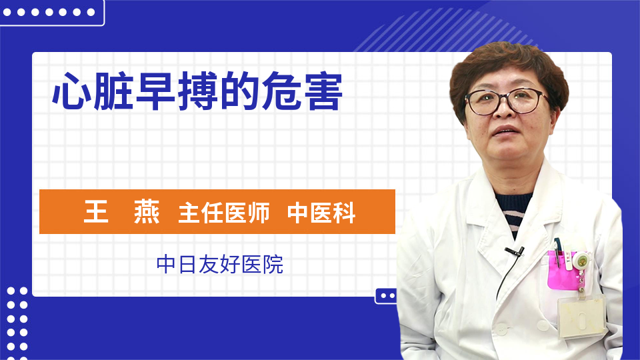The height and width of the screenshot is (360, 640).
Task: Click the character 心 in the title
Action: [72, 91]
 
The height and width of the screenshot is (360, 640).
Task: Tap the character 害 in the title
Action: [323, 91]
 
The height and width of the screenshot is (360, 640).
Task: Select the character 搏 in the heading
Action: [197, 91]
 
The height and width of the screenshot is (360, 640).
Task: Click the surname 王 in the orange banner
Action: [96, 212]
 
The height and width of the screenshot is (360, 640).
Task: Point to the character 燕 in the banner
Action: [147, 212]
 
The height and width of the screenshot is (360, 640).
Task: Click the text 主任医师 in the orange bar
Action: [224, 212]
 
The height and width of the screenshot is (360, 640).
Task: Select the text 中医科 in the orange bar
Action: [321, 212]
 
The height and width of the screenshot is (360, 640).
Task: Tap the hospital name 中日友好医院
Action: [219, 264]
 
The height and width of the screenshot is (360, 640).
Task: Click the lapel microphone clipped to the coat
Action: [515, 251]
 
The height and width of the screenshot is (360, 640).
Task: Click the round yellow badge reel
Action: [581, 261]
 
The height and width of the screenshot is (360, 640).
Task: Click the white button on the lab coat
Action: [501, 328]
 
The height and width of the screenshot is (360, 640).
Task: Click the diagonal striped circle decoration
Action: [449, 31]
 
